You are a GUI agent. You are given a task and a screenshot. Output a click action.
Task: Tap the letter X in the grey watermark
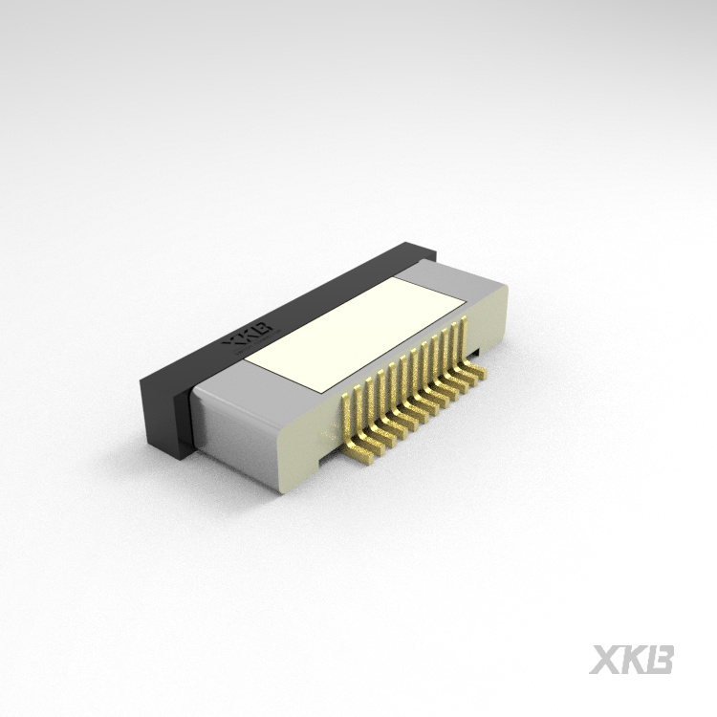click(x=606, y=659)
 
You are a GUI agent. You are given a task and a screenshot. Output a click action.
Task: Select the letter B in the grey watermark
click(x=661, y=659)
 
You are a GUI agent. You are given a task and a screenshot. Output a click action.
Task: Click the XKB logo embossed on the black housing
click(x=248, y=336)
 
